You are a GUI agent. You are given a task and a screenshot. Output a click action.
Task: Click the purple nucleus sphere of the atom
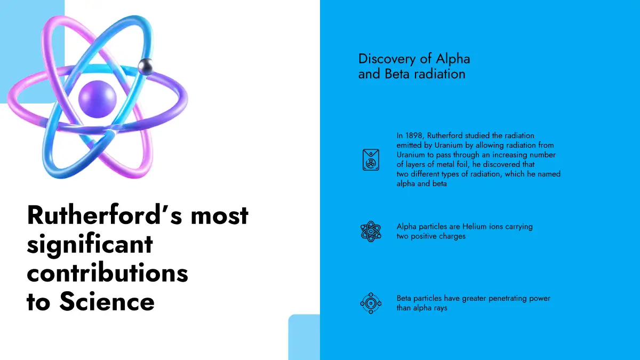coord(98,99)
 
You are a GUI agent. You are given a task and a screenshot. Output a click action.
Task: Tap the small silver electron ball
coord(146,67)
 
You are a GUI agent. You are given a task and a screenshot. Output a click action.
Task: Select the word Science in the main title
coord(107,302)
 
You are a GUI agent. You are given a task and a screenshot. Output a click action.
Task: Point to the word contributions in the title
coord(107,273)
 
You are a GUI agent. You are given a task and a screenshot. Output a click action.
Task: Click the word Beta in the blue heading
coord(397,74)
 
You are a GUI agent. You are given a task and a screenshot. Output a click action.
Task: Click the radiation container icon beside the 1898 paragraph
coord(371,159)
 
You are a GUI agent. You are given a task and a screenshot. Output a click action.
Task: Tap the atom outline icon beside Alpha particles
coord(371,231)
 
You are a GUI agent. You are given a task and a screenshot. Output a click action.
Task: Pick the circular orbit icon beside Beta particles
coord(371,303)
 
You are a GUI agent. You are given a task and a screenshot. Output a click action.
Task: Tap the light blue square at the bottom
coord(304,337)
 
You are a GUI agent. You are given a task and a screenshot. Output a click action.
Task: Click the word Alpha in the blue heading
coord(453,59)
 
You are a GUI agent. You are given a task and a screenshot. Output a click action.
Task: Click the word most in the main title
coord(219,215)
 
